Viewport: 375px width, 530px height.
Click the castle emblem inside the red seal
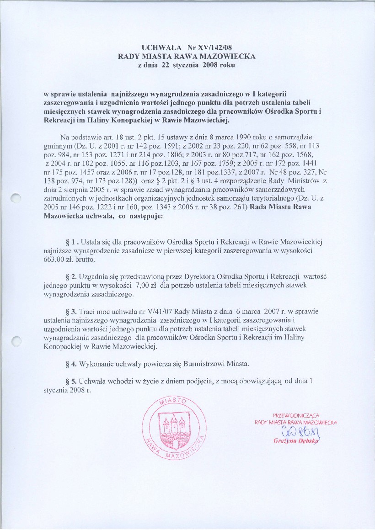pos(172,428)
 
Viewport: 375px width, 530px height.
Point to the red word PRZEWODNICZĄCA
pos(295,415)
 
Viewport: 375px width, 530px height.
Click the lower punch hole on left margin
pos(16,341)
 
